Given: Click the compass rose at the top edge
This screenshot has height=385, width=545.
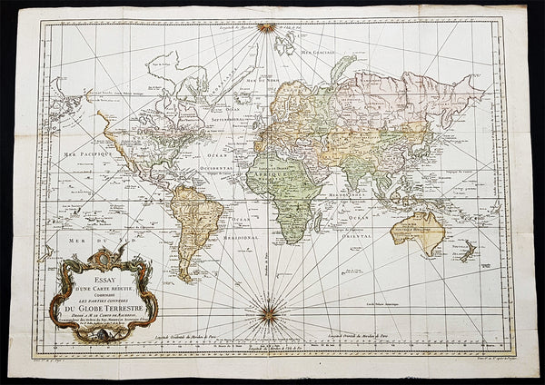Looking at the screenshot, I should tap(266, 27).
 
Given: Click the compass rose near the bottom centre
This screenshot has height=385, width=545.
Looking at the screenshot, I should tap(268, 314).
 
